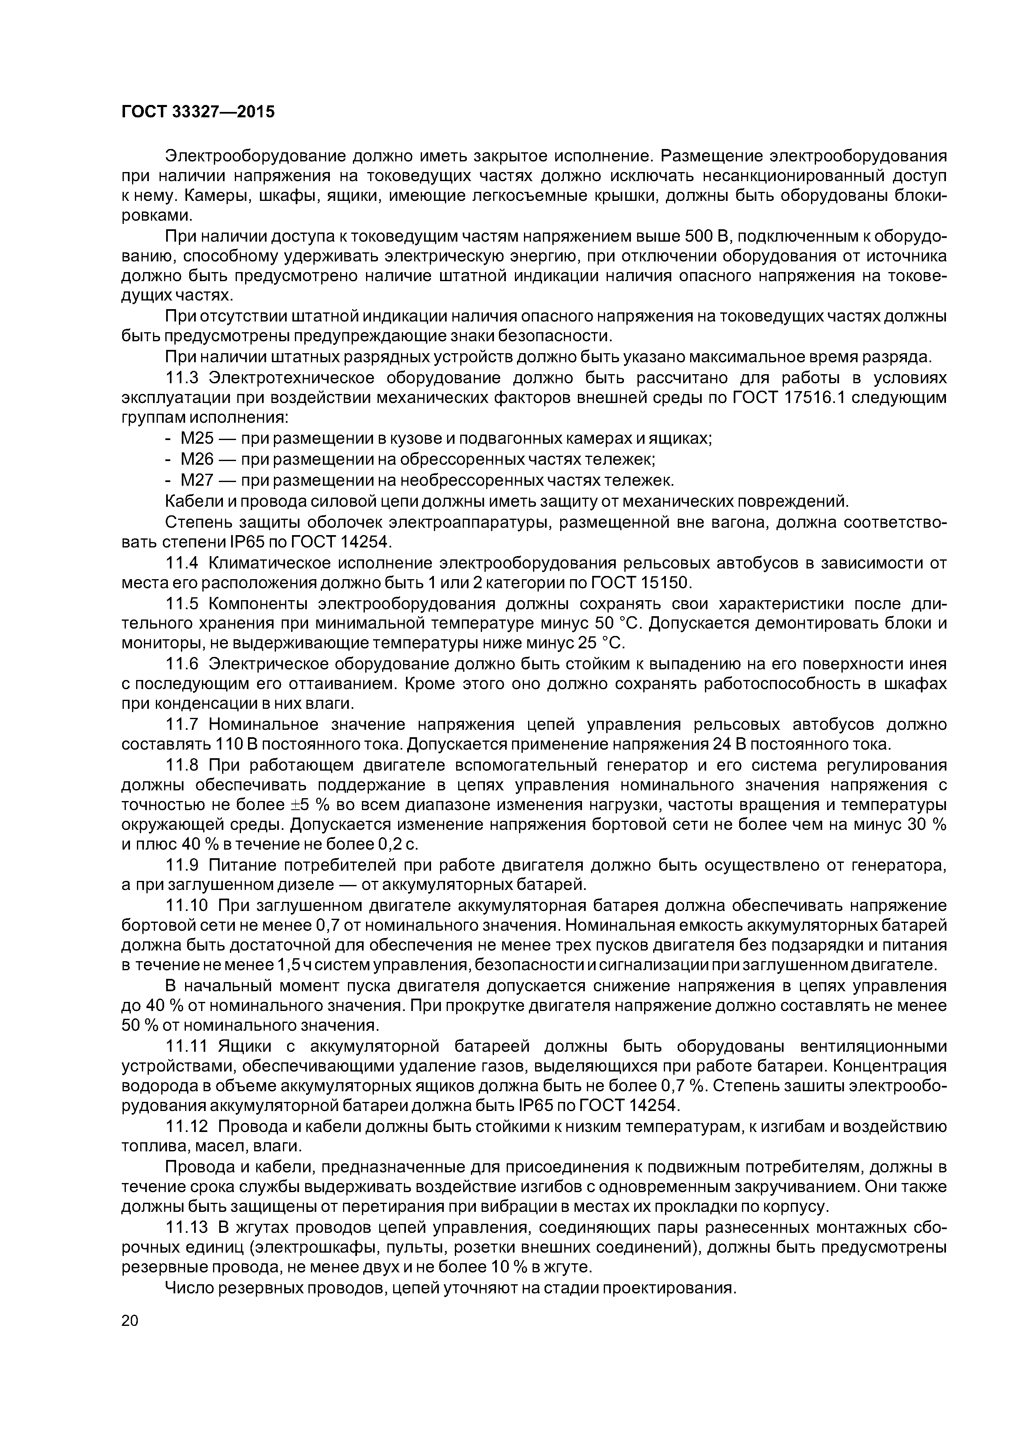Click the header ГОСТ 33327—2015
pos(198,112)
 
